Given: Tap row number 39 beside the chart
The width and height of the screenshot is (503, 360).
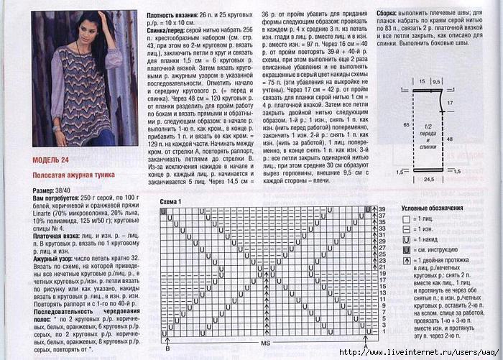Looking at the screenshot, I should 382,210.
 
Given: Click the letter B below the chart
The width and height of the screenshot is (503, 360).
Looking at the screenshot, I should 167,348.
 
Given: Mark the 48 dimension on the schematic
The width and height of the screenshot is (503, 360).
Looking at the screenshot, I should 469,139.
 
